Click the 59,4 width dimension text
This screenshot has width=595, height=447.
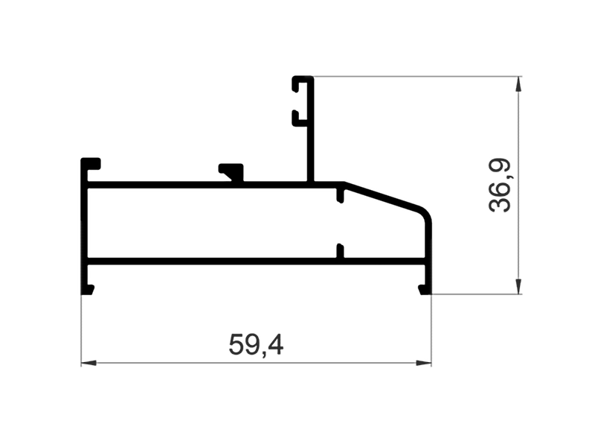coord(256,344)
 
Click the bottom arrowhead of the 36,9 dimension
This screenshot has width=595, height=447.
coord(518,286)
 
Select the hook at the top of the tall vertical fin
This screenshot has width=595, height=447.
coord(300,82)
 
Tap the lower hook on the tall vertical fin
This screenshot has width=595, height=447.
coord(298,117)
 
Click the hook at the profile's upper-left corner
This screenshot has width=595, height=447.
coord(91,163)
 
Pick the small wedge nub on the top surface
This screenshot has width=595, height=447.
coord(233,171)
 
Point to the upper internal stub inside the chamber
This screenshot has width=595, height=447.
coord(340,197)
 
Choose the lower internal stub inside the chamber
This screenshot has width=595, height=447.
coord(340,251)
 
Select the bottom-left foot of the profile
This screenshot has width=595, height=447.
coord(88,288)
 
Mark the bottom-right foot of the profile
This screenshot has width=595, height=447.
coord(425,288)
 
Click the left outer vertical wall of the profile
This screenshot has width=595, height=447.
coord(83,223)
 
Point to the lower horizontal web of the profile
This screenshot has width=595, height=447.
coord(223,261)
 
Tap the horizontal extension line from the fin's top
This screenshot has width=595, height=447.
coord(416,76)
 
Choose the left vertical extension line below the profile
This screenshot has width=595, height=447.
coord(81,328)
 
